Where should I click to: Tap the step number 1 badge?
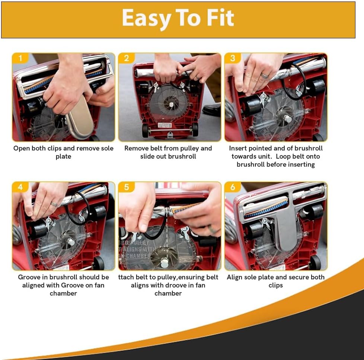(20, 58)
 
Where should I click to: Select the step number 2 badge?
(127, 58)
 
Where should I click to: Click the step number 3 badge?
(233, 58)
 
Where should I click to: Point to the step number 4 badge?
(20, 187)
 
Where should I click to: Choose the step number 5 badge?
(127, 187)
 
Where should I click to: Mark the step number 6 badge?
(233, 187)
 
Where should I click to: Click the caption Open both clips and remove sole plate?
(63, 152)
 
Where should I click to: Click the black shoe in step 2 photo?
(211, 110)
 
